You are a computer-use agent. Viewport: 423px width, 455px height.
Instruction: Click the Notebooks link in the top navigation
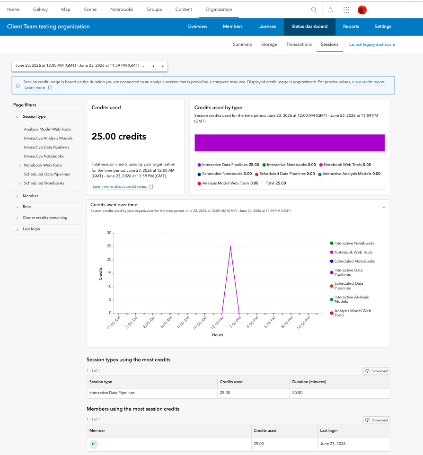pos(122,9)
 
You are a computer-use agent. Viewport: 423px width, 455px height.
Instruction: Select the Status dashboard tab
pos(309,26)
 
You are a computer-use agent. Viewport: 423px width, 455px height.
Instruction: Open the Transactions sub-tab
pos(299,44)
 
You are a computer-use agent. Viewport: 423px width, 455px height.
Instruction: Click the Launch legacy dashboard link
pos(372,44)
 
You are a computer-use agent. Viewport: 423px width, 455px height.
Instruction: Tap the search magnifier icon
pos(314,10)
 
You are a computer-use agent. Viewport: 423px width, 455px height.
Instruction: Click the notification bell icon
pos(330,10)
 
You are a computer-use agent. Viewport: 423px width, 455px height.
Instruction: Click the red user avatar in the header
pos(362,10)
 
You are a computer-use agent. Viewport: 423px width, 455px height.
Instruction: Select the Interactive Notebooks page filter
pos(44,156)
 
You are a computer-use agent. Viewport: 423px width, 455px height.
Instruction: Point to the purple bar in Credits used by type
pos(290,143)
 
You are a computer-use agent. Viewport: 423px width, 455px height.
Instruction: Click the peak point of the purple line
pos(230,247)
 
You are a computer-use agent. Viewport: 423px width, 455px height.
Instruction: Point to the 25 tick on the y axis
pos(109,246)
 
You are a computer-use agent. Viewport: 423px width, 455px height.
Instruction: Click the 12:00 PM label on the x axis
pos(218,323)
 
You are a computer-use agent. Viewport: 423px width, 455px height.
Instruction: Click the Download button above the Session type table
pos(376,371)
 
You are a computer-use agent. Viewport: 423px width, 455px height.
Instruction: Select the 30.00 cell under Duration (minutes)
pos(297,393)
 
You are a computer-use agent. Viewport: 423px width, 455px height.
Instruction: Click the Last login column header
pos(329,430)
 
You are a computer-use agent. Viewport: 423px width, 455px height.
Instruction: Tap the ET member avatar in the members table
pos(94,444)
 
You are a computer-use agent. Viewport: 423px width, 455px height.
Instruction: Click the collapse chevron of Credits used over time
pos(384,208)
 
